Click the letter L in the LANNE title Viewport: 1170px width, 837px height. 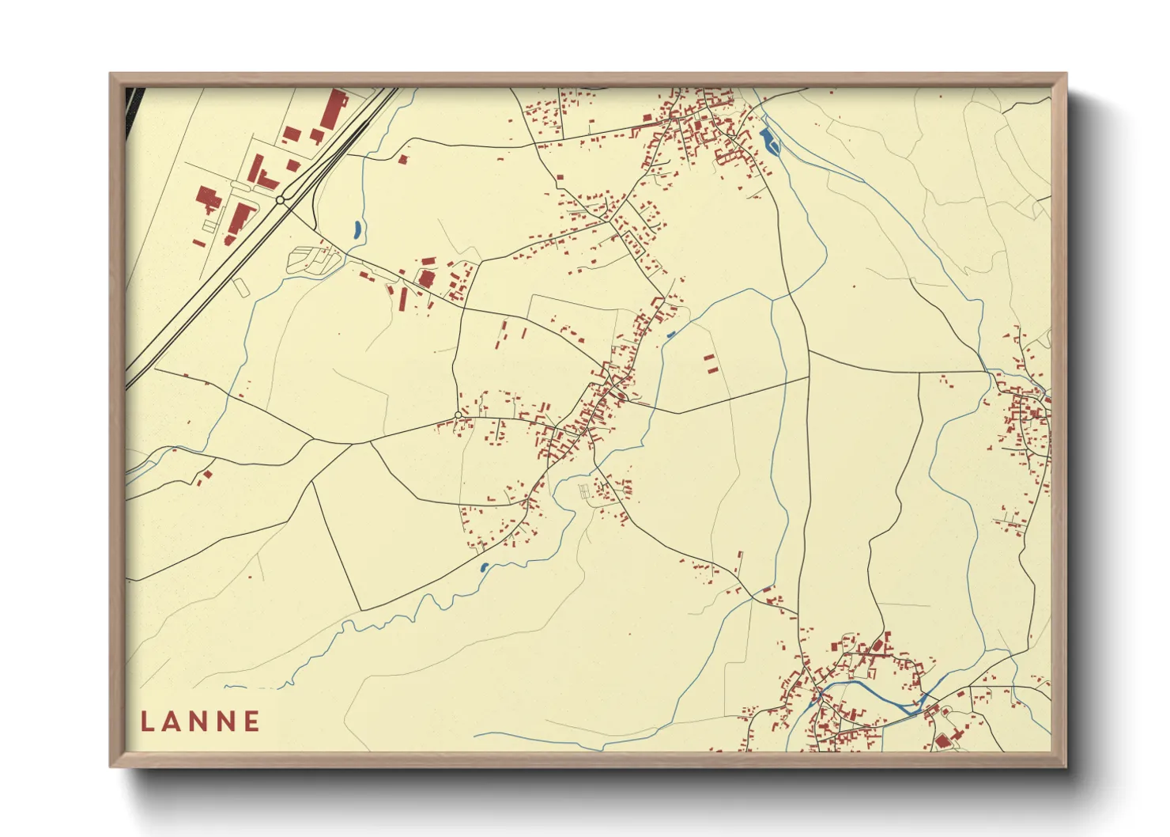tap(148, 721)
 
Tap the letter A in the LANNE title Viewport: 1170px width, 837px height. tap(173, 721)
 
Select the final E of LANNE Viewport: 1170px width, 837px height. tap(252, 721)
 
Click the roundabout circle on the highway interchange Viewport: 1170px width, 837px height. tap(281, 200)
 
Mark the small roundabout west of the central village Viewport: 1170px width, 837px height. tap(458, 415)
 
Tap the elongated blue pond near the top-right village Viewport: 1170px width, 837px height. tap(767, 142)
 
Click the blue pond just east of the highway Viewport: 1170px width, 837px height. tap(357, 230)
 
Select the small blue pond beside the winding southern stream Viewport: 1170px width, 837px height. tap(484, 567)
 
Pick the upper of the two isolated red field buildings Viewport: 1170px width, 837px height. tap(709, 358)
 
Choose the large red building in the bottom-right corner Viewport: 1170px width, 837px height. tap(942, 741)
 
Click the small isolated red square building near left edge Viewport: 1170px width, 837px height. tap(208, 475)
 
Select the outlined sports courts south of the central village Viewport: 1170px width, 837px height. tap(585, 491)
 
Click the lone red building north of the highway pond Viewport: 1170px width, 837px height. tap(403, 160)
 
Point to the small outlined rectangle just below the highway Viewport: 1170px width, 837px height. tap(241, 286)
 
